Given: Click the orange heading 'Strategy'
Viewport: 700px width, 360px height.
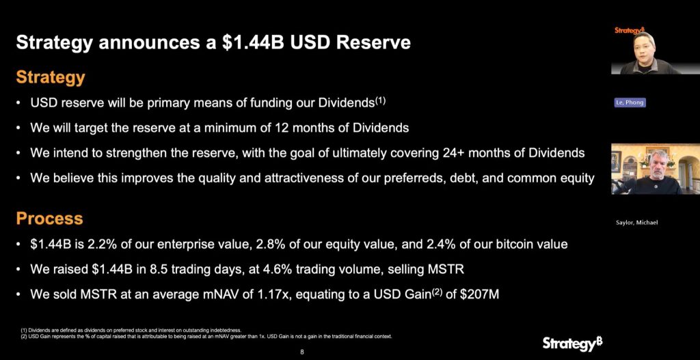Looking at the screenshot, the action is pos(51,78).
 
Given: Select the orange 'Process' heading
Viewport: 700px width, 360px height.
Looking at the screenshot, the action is pos(49,219).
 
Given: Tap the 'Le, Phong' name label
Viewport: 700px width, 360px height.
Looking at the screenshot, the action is pos(630,102).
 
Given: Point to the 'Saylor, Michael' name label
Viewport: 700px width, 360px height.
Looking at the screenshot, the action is pos(634,223).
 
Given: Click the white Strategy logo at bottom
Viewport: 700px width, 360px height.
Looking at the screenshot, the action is pos(573,343).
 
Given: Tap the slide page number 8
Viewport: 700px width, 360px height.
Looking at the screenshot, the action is pos(302,352).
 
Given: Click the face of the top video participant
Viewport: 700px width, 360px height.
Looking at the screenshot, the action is pos(644,47).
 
